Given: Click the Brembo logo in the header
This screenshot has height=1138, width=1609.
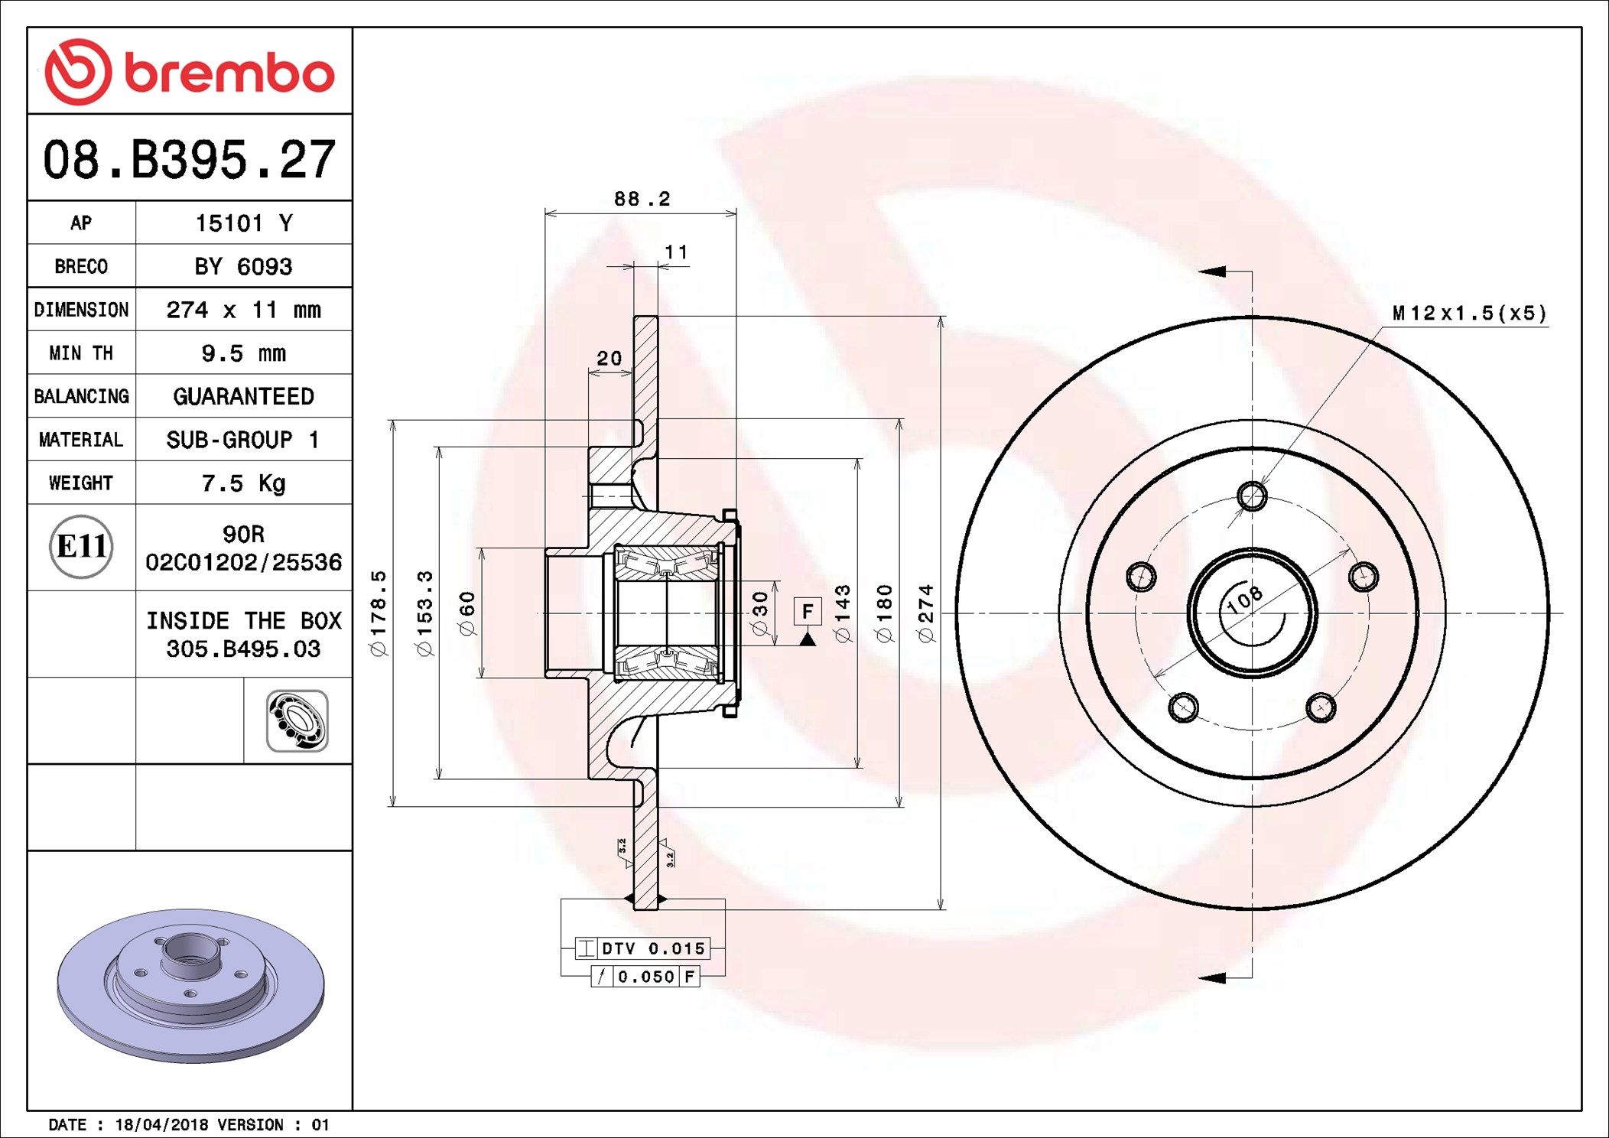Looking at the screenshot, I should pos(189,72).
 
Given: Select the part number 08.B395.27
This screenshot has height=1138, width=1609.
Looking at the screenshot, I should pos(189,160).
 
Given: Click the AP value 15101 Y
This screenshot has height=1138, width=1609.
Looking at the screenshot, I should pos(243,223).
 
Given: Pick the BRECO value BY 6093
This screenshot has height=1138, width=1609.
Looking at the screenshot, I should pos(243,267).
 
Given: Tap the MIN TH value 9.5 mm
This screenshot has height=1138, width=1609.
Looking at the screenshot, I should pos(243,353).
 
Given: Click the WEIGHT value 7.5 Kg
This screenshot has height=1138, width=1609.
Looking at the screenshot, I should pos(243,483).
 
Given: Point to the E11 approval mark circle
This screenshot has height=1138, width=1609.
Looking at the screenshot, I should pos(81,547).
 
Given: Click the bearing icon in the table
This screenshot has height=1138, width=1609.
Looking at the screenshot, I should pos(297,721).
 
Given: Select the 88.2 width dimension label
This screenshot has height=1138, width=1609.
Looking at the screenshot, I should pos(642,200).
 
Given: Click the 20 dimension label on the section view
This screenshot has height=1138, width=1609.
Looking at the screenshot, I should pos(609,359).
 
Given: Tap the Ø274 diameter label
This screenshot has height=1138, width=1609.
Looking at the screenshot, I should pos(926,613).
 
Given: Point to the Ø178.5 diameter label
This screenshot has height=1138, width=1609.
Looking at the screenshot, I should pos(379,613).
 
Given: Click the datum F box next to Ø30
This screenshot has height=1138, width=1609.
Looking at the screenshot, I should pos(808,612).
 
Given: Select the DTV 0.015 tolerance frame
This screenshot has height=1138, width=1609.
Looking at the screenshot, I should pos(642,948).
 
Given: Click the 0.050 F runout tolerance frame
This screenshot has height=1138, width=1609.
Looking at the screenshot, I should pos(646,977).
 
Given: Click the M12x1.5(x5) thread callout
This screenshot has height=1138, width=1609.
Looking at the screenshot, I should pos(1469,314).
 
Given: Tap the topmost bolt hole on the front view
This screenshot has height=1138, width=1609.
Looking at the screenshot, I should pos(1252,496).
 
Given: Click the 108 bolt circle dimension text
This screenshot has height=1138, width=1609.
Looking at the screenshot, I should pos(1244,600).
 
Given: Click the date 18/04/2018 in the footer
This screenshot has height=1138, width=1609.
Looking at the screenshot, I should pos(161,1125).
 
